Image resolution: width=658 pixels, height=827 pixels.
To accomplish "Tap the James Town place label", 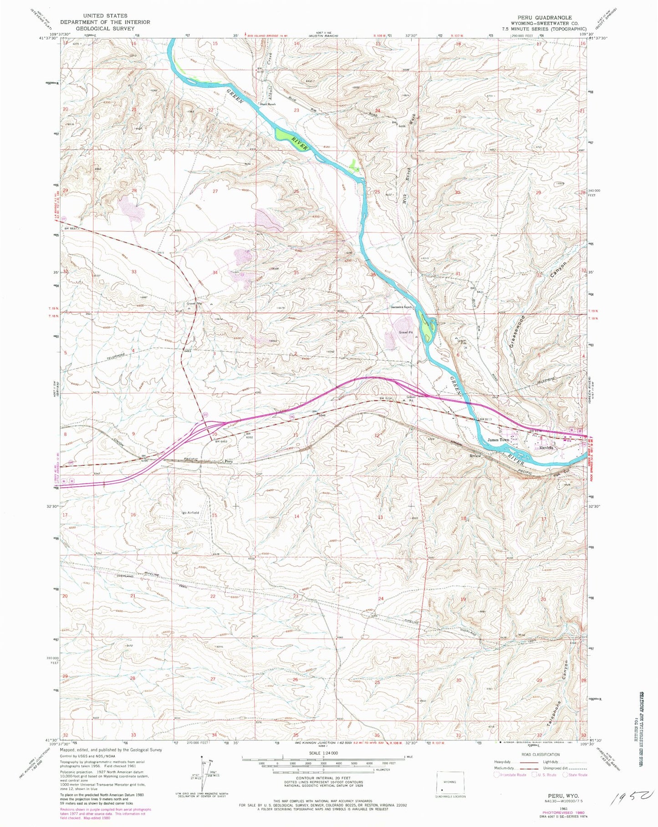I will (x=498, y=440).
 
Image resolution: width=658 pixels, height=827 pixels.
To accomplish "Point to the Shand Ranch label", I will (x=268, y=104).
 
